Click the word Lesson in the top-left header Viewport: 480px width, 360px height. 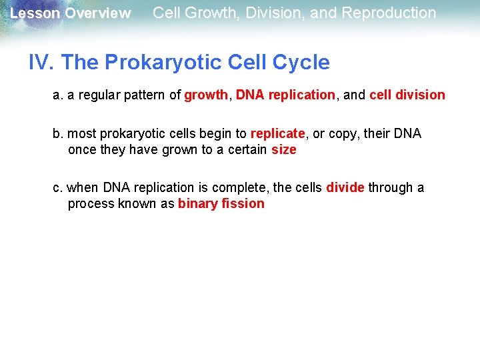coord(35,13)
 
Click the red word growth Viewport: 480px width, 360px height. coord(206,95)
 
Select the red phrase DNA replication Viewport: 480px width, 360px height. coord(285,95)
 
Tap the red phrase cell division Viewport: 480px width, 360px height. coord(407,95)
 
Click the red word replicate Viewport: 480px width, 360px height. coord(278,133)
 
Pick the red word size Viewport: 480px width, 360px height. coord(284,149)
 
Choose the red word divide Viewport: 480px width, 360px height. coord(345,187)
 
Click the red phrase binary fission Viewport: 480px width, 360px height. coord(221,203)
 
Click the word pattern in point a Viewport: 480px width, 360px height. coord(146,95)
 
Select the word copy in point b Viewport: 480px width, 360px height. coord(343,133)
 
